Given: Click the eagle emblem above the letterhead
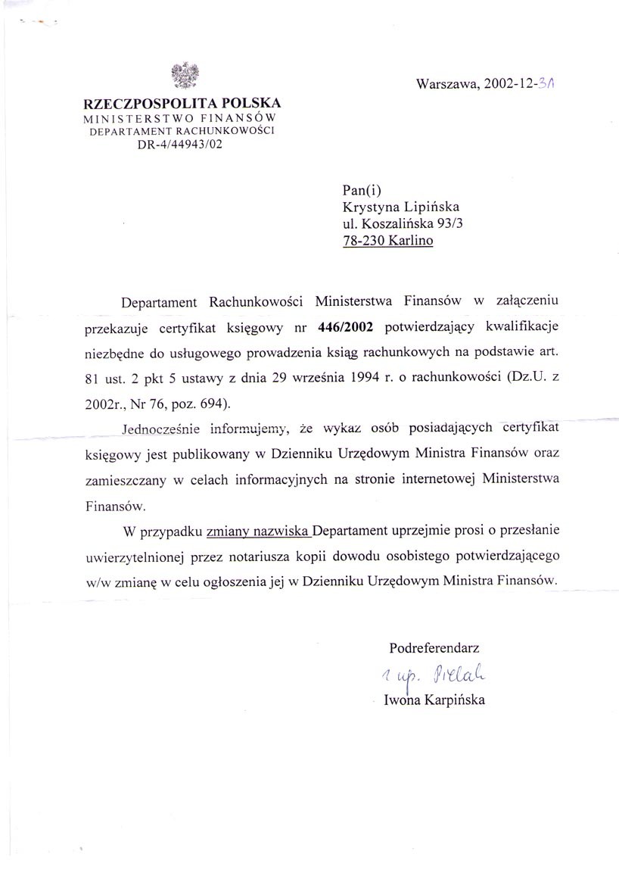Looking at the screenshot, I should click(185, 76).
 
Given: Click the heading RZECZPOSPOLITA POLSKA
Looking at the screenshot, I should click(182, 104).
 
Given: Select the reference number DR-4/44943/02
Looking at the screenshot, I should click(182, 146).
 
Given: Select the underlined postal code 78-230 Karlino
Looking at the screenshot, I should click(389, 242).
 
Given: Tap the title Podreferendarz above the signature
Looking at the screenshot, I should click(434, 648).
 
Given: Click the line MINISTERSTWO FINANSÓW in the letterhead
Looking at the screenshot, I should click(182, 120).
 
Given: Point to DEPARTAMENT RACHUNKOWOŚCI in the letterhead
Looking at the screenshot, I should click(182, 132).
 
